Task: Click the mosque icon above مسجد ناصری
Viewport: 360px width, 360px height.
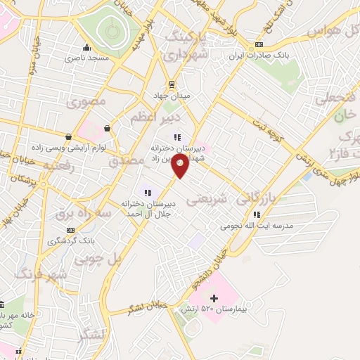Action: coord(86,48)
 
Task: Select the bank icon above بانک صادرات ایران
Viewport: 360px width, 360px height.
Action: coord(259,44)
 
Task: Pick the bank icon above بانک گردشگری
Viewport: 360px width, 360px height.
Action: coord(70,230)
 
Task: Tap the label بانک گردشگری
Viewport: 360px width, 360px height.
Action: coord(70,240)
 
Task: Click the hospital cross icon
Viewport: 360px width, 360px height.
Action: coord(214,298)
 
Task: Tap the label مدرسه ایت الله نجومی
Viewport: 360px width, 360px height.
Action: coord(257,226)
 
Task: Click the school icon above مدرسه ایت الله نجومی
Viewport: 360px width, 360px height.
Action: coord(257,214)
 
